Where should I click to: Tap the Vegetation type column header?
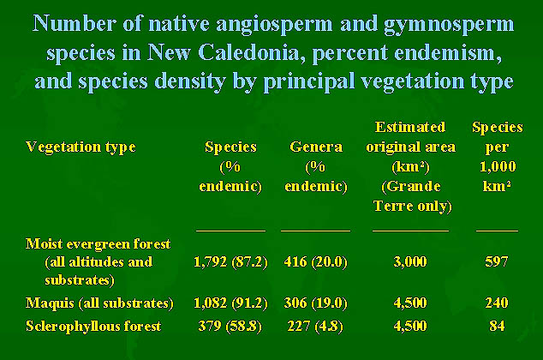pos(81,147)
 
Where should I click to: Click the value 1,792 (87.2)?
pos(230,262)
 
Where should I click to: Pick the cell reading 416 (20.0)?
pos(315,262)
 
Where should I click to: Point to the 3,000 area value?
pos(410,261)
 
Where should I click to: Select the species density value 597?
pos(497,261)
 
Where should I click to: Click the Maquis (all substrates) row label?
pos(99,303)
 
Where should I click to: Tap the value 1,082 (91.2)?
pos(230,303)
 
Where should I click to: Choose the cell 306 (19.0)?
pos(315,303)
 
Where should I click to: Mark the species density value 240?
pos(497,303)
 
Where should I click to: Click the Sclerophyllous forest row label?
pos(93,326)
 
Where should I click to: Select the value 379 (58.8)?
pos(230,327)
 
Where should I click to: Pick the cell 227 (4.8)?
pos(315,327)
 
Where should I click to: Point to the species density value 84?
pos(497,326)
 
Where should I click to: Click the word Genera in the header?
pos(316,147)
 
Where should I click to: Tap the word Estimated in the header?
pos(410,127)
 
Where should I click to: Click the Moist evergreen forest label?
pos(98,244)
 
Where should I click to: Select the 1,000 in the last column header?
pos(498,167)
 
